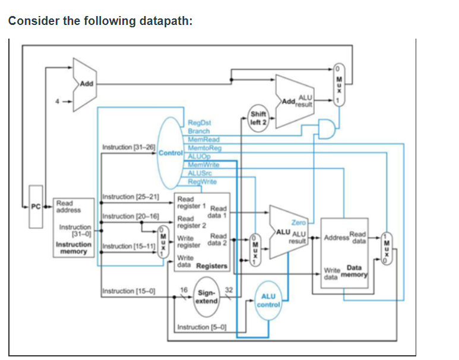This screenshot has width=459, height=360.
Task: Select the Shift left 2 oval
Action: pos(258,118)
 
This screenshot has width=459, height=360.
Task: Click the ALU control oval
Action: pos(268,301)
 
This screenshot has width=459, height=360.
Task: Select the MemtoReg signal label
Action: pos(204,147)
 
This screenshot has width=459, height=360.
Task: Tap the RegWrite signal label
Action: pos(202,181)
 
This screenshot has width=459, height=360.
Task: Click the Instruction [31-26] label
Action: pos(129,146)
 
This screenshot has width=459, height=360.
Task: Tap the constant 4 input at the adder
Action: pos(58,100)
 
